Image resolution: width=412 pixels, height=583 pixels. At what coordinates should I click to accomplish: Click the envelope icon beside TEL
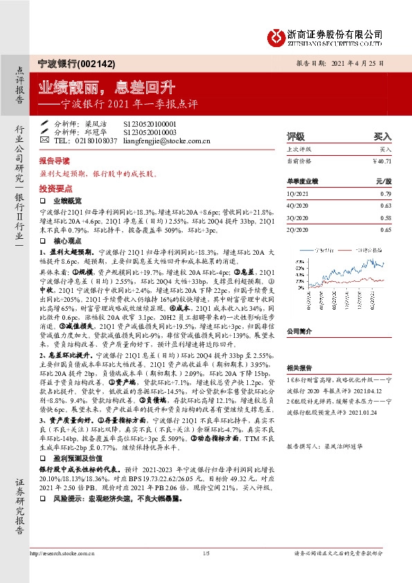point(45,141)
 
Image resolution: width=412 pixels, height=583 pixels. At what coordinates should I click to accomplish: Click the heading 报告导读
point(54,159)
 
